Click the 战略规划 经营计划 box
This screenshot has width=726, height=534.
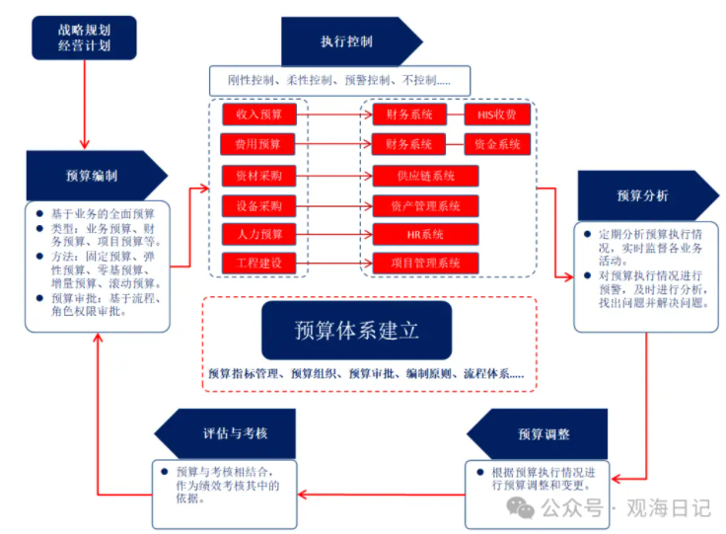[x=84, y=37]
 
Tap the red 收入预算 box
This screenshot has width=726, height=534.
[x=259, y=114]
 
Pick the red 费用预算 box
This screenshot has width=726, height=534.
[x=259, y=145]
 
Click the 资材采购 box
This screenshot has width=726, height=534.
[x=259, y=176]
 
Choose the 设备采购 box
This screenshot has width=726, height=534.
[x=259, y=206]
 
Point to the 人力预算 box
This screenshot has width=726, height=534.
[x=259, y=235]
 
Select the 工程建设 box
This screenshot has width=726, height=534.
[x=259, y=264]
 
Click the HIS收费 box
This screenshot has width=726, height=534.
[x=497, y=114]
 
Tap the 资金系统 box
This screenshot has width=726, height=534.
[x=497, y=145]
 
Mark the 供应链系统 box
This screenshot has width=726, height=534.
[x=425, y=176]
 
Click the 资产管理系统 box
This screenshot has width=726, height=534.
[x=425, y=206]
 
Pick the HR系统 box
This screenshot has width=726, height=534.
[x=425, y=235]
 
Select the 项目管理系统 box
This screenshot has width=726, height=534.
[x=425, y=264]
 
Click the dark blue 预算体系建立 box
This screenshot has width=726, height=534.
[x=356, y=330]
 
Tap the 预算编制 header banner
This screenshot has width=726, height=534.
[x=94, y=176]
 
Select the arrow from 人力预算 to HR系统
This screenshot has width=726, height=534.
[x=334, y=235]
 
